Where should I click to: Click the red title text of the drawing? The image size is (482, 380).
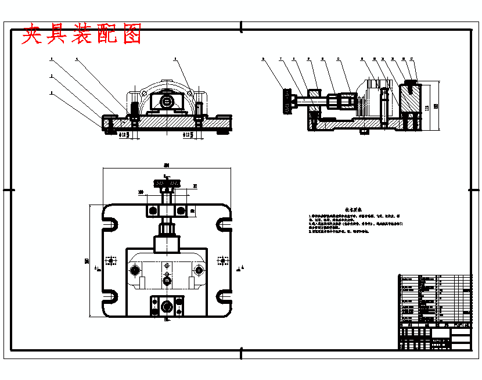click(x=82, y=35)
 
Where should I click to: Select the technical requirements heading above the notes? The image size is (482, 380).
click(x=354, y=209)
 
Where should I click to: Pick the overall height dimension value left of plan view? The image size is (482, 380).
click(x=87, y=261)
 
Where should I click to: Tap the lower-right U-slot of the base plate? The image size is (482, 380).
click(x=225, y=297)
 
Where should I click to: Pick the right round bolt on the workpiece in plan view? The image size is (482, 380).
click(x=199, y=270)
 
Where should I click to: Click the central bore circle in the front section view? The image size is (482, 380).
click(x=167, y=101)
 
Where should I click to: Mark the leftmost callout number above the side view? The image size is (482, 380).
click(x=264, y=59)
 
